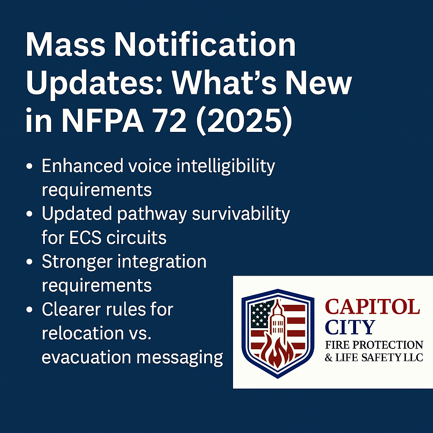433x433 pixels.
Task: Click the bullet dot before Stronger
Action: tap(30, 263)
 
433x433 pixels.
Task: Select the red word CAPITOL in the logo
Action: tap(372, 307)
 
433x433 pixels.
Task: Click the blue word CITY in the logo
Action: tap(350, 327)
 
